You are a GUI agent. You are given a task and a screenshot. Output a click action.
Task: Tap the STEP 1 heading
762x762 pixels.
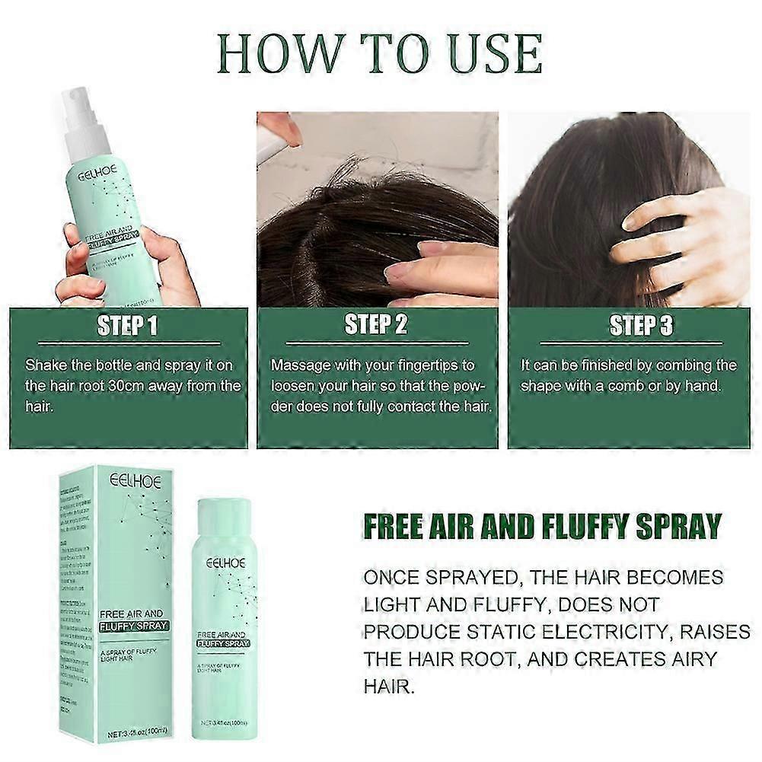pyautogui.click(x=127, y=327)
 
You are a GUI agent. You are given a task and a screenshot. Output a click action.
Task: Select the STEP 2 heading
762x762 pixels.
pyautogui.click(x=376, y=325)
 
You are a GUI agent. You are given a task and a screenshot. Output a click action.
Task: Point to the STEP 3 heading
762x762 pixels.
pyautogui.click(x=642, y=327)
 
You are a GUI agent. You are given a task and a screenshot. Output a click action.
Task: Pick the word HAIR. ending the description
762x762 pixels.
pyautogui.click(x=389, y=687)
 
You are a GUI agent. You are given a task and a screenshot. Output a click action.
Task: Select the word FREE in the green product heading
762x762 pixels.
pyautogui.click(x=394, y=526)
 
